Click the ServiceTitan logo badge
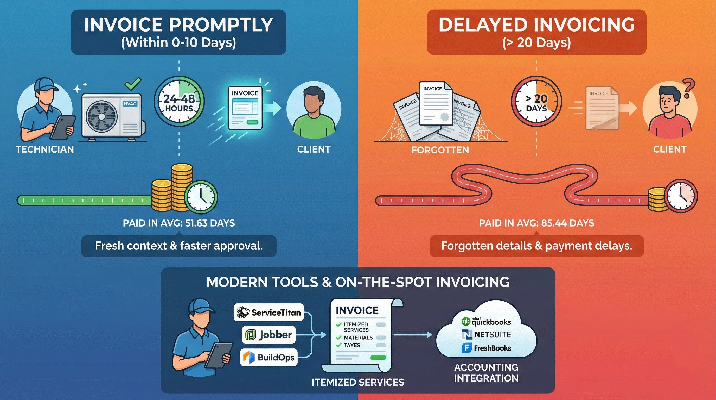pyautogui.click(x=268, y=312)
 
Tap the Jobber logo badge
pyautogui.click(x=268, y=335)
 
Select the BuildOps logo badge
pyautogui.click(x=268, y=357)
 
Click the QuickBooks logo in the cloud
pyautogui.click(x=487, y=322)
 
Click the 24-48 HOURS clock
pyautogui.click(x=179, y=103)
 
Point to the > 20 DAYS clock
pyautogui.click(x=536, y=103)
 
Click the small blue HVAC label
pyautogui.click(x=130, y=104)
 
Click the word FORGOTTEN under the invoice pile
pyautogui.click(x=440, y=150)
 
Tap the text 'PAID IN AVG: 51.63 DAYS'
pyautogui.click(x=179, y=223)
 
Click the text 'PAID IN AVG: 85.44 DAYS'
pyautogui.click(x=536, y=223)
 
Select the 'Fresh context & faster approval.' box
pyautogui.click(x=179, y=246)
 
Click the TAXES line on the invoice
pyautogui.click(x=352, y=345)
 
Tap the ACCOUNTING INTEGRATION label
pyautogui.click(x=486, y=373)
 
